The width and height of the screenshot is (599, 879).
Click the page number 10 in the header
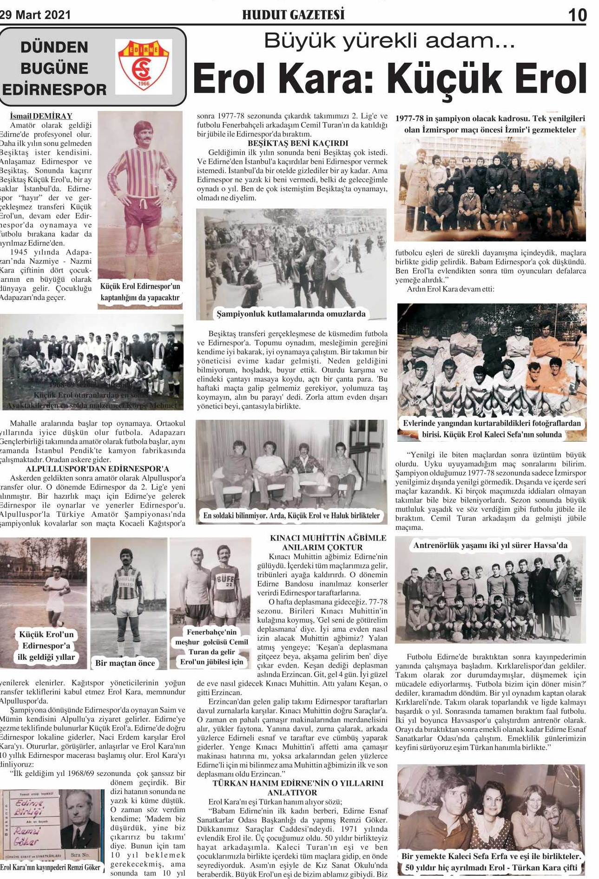tap(577, 15)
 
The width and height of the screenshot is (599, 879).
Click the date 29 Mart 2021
tap(35, 15)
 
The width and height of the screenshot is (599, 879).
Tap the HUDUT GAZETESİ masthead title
tap(293, 15)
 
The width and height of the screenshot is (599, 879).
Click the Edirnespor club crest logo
tap(143, 66)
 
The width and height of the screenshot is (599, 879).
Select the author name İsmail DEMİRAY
tap(41, 116)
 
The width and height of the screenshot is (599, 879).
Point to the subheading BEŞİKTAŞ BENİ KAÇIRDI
tap(297, 143)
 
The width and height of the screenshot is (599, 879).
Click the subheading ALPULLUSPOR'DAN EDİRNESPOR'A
tap(97, 469)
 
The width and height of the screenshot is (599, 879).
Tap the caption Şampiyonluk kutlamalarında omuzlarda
tap(291, 314)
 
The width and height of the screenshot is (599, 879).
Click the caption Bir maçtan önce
tap(125, 663)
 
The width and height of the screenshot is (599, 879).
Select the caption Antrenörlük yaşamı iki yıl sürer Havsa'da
tap(490, 545)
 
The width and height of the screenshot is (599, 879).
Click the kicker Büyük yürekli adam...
tap(389, 41)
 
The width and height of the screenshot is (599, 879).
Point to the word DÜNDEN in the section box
tap(54, 47)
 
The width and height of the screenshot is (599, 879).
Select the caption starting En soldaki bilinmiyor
tap(291, 515)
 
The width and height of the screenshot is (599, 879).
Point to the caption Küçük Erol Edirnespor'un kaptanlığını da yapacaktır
tap(140, 292)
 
